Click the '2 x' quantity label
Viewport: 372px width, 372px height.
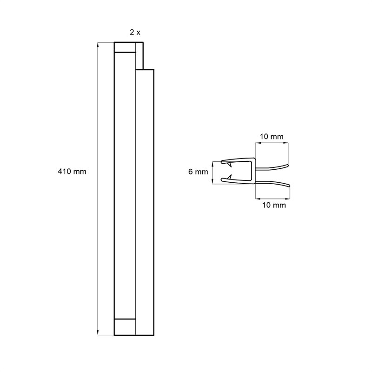(135, 32)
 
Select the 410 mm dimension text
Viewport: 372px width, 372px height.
(72, 171)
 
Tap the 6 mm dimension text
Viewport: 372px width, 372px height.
(198, 172)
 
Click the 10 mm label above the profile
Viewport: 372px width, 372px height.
(272, 137)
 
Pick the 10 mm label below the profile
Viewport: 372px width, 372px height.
(274, 205)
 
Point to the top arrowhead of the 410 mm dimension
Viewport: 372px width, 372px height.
(98, 45)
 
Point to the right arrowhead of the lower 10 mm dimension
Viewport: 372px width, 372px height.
(287, 199)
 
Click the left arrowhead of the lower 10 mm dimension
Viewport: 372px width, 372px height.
(258, 199)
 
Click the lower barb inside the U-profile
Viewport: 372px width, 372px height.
(229, 177)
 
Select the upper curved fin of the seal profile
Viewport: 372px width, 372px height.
(272, 167)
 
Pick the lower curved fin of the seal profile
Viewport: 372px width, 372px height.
(272, 183)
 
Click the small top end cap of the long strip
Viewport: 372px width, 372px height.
(125, 47)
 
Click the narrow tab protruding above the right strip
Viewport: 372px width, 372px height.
(139, 56)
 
